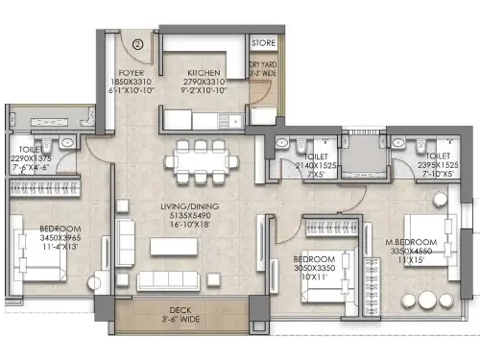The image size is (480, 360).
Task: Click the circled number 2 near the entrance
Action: point(137,43)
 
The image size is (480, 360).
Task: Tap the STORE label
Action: point(264,43)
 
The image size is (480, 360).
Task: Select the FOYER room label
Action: point(131,73)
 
